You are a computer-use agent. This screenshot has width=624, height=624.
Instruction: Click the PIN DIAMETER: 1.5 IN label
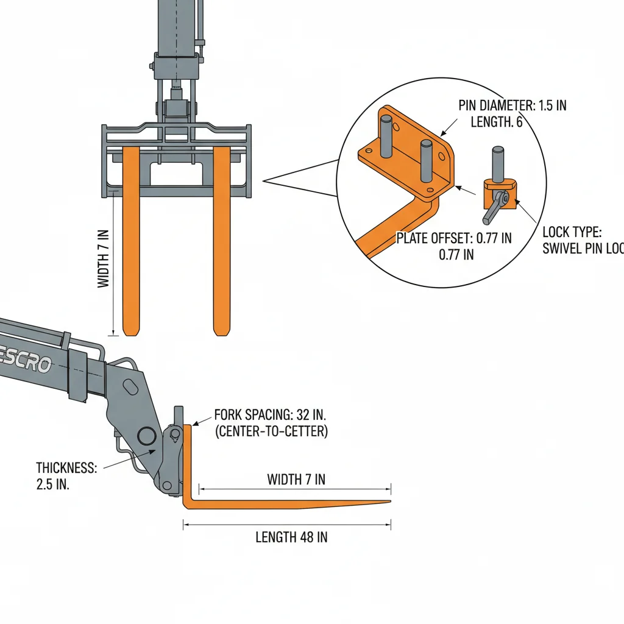[x=512, y=105]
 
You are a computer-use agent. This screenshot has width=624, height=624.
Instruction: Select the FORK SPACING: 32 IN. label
[x=271, y=416]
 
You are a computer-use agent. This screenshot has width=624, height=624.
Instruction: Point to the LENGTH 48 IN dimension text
[x=291, y=537]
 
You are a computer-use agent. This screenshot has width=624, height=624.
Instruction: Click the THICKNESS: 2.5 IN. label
[x=66, y=468]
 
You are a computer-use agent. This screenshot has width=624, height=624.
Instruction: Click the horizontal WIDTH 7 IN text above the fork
[x=296, y=480]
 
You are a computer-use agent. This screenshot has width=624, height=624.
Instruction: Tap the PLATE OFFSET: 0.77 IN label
[x=453, y=238]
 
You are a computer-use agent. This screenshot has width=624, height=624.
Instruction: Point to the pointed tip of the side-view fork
[x=389, y=502]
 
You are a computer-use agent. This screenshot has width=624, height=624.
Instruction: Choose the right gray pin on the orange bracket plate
[x=427, y=160]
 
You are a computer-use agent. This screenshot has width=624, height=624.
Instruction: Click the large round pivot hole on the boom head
[x=147, y=436]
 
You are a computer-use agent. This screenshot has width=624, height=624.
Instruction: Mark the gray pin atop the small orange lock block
[x=498, y=163]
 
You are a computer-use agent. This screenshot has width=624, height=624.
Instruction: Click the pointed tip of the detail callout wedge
[x=263, y=180]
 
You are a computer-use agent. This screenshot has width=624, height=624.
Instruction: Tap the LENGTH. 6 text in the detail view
[x=496, y=122]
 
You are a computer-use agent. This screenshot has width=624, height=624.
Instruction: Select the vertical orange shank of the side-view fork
[x=188, y=463]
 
